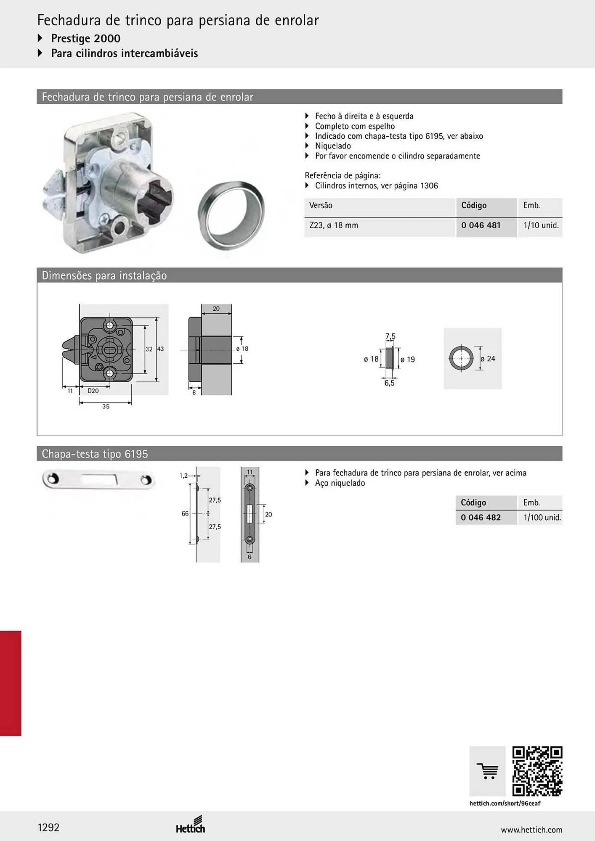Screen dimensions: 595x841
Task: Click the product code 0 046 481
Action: [481, 225]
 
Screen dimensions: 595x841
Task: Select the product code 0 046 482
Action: [481, 518]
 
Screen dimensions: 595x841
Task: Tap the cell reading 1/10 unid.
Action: [541, 225]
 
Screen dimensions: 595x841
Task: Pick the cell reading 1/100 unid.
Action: [542, 518]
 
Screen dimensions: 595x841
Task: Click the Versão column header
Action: [321, 206]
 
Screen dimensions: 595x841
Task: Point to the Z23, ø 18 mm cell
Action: [334, 225]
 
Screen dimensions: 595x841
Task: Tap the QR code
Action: [537, 771]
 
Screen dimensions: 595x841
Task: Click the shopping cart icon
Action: [487, 771]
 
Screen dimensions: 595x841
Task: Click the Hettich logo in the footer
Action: [191, 825]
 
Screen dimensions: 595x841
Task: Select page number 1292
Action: [48, 828]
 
